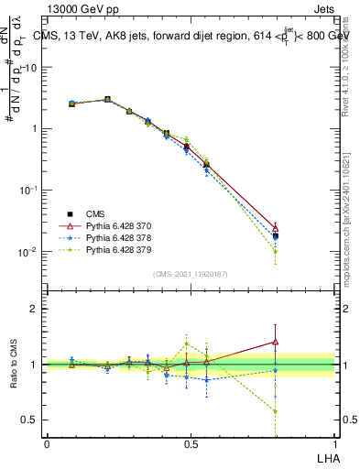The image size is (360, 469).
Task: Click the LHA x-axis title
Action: point(324,456)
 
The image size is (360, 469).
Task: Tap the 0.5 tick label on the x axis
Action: point(191,443)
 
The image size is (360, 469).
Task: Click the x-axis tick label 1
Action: point(334,443)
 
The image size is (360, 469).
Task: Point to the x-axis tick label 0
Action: point(47,443)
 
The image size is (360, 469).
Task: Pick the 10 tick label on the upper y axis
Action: point(30,67)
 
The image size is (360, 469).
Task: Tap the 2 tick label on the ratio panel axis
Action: point(34,309)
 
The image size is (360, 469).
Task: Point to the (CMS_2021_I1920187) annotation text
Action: point(190,274)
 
